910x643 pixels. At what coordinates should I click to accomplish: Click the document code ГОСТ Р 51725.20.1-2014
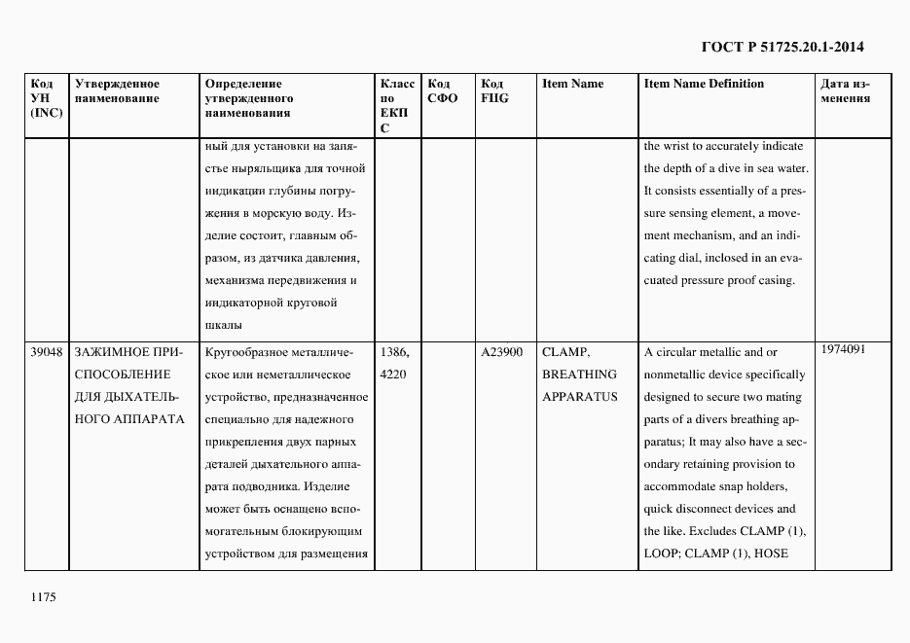[783, 46]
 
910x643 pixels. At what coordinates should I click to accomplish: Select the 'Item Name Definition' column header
[704, 84]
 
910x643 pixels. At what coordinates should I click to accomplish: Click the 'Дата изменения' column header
[846, 91]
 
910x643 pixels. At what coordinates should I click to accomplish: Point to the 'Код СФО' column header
[443, 91]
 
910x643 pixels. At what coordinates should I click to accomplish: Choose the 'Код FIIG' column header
[494, 91]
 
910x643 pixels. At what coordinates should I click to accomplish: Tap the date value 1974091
[845, 348]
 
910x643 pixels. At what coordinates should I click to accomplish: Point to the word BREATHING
[579, 375]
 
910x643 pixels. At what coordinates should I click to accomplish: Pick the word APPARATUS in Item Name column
[580, 397]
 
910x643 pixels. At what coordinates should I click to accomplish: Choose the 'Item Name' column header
[572, 84]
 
